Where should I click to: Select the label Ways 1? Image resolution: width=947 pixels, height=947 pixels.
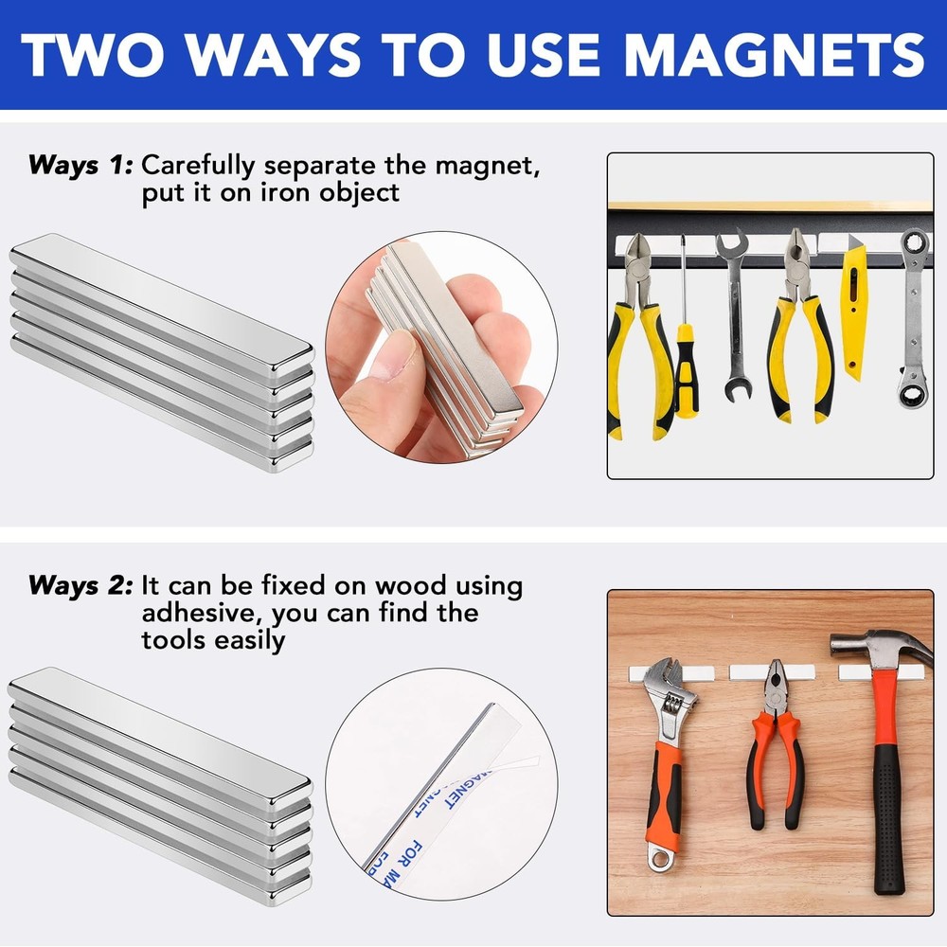coord(80,166)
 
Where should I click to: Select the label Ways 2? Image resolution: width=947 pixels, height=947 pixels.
coord(80,585)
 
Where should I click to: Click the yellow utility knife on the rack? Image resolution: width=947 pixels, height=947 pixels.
coord(855,308)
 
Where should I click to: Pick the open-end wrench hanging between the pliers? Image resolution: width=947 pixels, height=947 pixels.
coord(733,313)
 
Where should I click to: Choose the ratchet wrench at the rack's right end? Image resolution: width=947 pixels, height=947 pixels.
coord(914,322)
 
